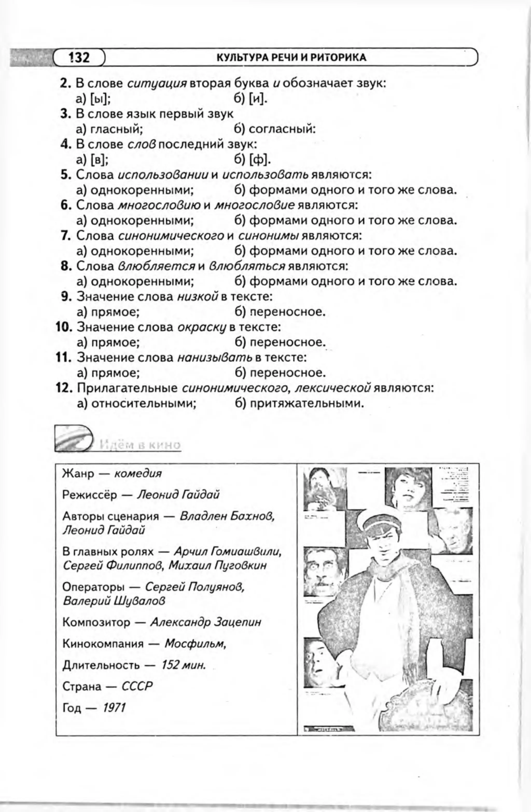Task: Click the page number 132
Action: pos(79,57)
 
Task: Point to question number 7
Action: pos(65,236)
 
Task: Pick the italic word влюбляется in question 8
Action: pos(156,266)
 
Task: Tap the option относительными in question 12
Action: pos(143,404)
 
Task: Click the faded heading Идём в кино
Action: pos(140,445)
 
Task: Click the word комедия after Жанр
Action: pos(138,474)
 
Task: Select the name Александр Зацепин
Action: pos(206,622)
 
